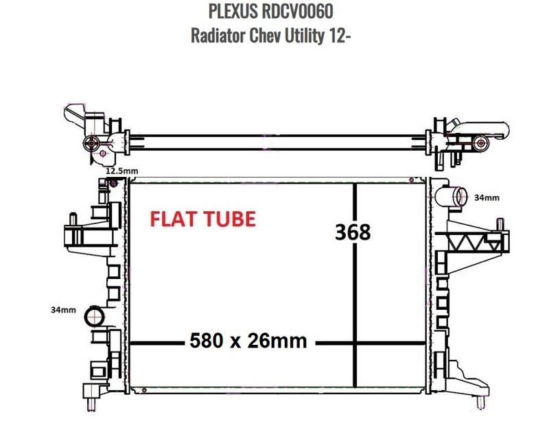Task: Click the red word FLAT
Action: point(174,219)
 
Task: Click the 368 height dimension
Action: point(353,232)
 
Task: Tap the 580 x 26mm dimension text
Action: point(248,341)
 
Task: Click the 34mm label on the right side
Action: point(487,197)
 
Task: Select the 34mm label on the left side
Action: point(63,310)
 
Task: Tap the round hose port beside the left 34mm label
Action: point(92,317)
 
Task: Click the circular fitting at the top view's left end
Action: point(89,143)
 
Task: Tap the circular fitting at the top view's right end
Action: point(480,143)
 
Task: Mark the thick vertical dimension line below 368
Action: point(354,308)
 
